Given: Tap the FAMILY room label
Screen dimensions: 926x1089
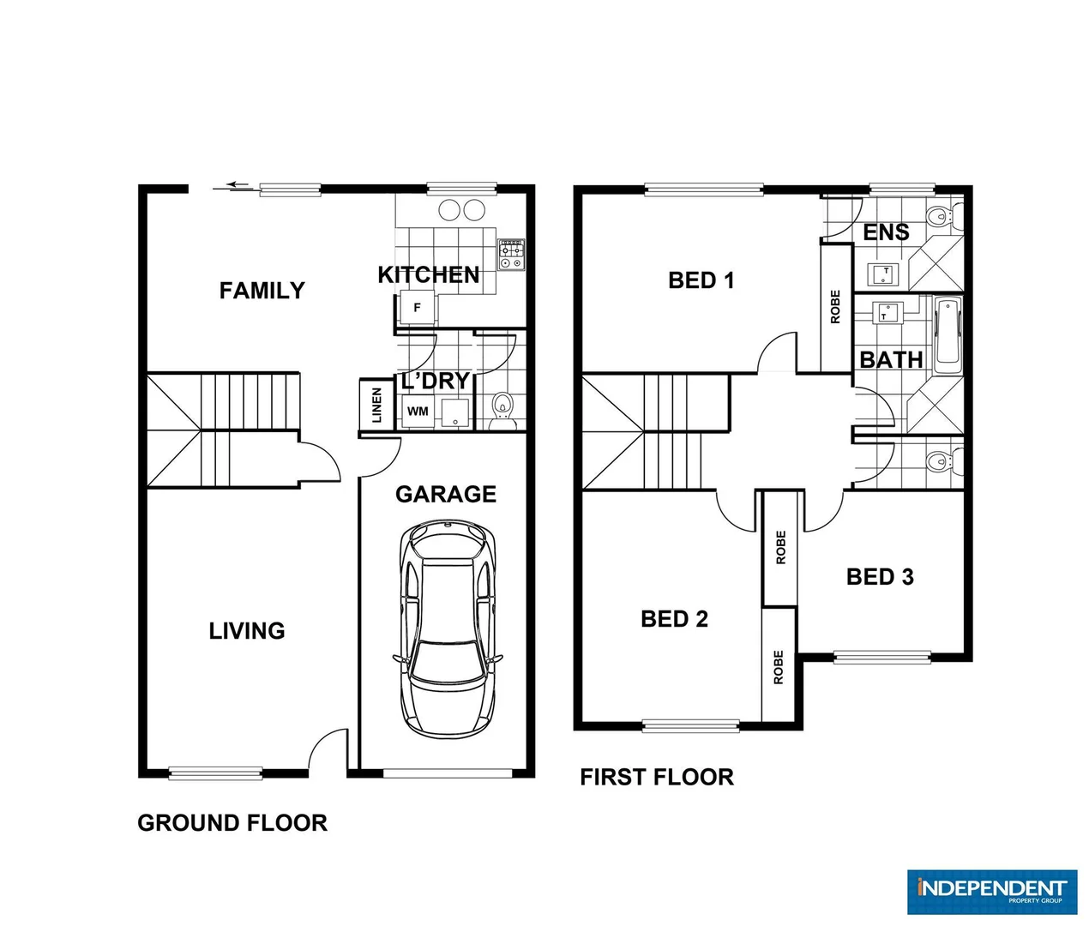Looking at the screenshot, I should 262,291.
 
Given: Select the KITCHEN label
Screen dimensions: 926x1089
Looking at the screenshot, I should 428,275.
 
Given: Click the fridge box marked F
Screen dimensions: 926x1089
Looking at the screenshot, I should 418,307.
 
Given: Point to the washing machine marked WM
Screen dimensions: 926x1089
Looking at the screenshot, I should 418,412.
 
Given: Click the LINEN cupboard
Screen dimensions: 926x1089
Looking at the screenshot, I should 375,405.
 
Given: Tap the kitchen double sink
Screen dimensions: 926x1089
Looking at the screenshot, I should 461,209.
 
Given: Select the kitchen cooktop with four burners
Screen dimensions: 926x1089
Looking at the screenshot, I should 512,255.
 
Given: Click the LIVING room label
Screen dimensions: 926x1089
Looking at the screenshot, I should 247,631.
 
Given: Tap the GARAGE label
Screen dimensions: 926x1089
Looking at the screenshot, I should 446,494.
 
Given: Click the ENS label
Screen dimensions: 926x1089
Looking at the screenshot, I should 886,232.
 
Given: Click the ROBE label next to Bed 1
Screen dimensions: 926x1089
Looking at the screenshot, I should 836,306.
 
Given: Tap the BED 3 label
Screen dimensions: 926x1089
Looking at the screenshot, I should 880,577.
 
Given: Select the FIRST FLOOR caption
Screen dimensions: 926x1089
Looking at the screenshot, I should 657,777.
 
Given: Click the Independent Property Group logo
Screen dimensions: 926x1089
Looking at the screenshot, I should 990,891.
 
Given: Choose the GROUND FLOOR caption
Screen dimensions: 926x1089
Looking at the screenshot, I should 232,823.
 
